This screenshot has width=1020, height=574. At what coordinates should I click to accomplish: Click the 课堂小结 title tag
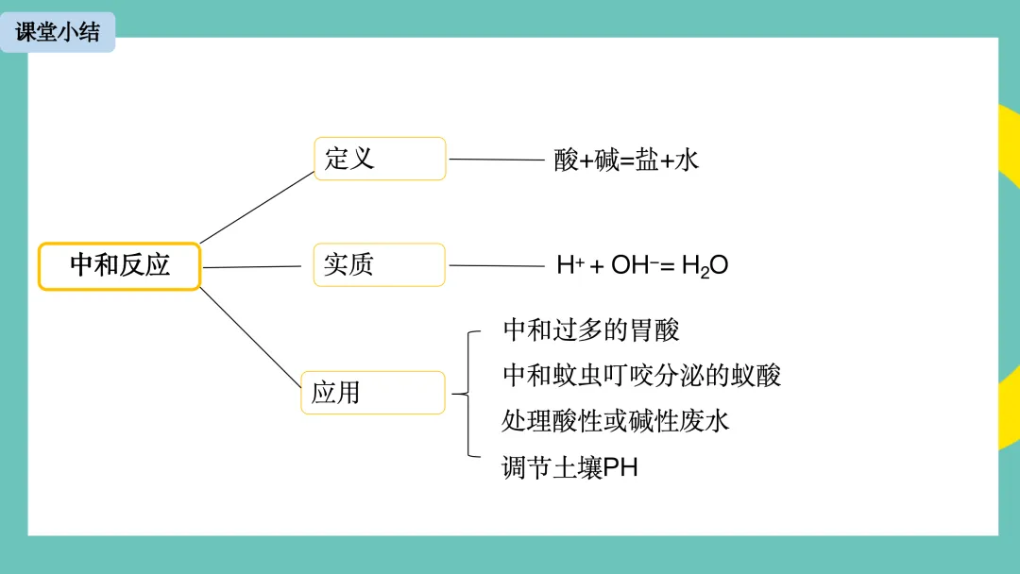[x=58, y=32]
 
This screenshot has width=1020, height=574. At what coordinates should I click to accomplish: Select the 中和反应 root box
[x=119, y=266]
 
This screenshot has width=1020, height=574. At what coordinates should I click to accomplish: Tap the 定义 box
[x=379, y=159]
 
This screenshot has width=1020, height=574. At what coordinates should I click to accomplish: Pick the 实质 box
[x=379, y=265]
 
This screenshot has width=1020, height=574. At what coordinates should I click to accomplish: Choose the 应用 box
[x=372, y=393]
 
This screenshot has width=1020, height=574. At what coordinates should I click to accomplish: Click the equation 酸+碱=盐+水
[x=626, y=160]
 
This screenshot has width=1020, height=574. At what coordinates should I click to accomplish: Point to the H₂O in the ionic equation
[x=705, y=266]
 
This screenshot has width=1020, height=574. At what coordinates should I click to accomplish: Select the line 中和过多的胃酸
[x=591, y=329]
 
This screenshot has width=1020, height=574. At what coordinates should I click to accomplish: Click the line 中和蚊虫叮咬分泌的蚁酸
[x=641, y=376]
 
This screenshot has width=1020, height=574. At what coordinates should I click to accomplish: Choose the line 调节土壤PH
[x=569, y=467]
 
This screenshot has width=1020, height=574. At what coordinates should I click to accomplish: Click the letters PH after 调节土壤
[x=620, y=467]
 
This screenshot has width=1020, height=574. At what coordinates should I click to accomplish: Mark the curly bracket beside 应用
[x=467, y=394]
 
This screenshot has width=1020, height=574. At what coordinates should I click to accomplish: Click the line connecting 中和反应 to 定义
[x=256, y=208]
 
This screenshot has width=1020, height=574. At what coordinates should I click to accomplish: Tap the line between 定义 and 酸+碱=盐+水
[x=497, y=160]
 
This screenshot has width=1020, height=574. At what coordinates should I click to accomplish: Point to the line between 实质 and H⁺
[x=497, y=265]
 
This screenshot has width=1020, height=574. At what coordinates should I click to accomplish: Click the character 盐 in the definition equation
[x=647, y=160]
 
